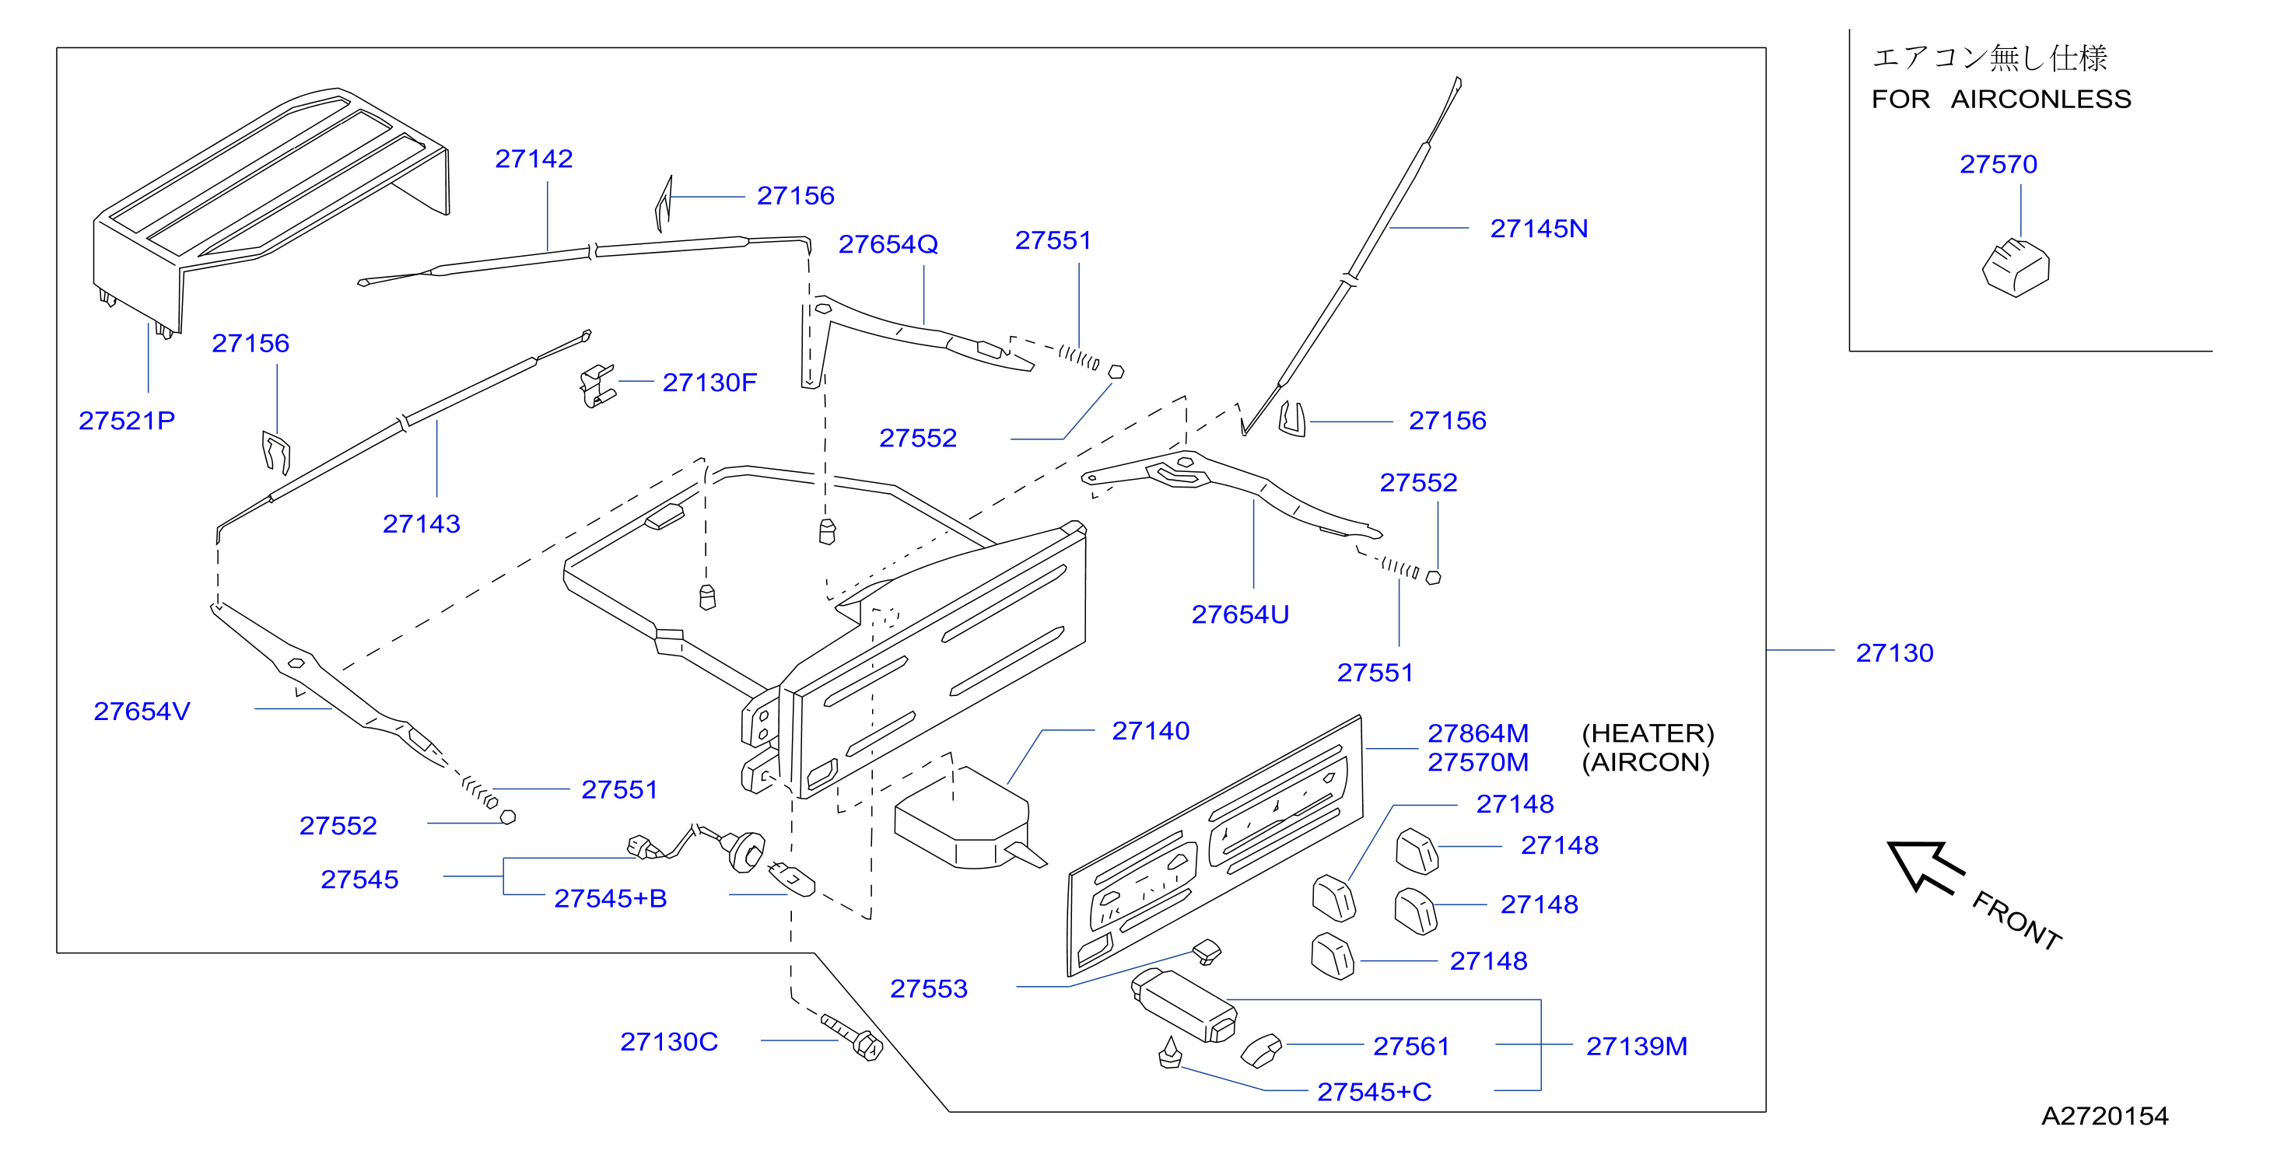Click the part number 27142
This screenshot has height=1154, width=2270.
coord(534,159)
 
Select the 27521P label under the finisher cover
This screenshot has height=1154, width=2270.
coord(127,420)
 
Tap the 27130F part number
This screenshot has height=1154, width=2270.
coord(709,383)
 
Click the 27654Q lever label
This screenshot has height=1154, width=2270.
coord(888,244)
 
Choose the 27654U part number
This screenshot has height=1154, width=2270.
coord(1240,614)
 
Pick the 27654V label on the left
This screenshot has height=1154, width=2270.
coord(142,711)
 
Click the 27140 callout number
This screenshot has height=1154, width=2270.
coord(1151,730)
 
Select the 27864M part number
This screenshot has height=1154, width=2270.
coord(1478,733)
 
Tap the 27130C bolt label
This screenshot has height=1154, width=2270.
coord(669,1041)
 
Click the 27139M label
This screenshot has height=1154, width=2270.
coord(1637,1046)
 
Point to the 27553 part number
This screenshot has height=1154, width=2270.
coord(929,988)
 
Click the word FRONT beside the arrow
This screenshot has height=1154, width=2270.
coord(2016,921)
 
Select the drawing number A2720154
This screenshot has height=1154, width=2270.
coord(2104,1116)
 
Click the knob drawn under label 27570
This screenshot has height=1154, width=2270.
coord(2016,267)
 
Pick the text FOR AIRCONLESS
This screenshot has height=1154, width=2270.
coord(2002,99)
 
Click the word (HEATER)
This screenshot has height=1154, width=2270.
coord(1648,733)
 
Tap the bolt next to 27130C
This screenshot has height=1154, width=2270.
coord(852,1037)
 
